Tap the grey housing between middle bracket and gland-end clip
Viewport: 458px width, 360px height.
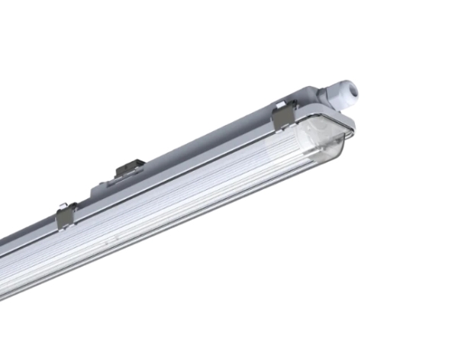(x=206, y=145)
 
